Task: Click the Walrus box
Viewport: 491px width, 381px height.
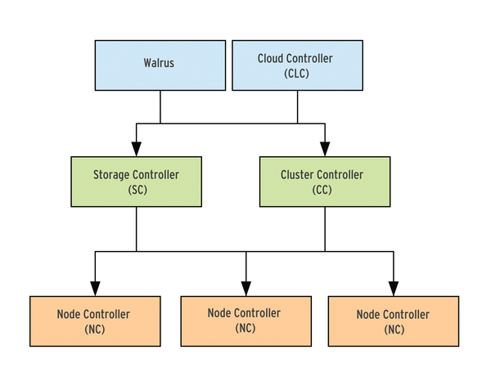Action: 160,65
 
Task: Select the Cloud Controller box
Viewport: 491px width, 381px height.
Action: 298,65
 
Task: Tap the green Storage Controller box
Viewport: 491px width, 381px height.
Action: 136,182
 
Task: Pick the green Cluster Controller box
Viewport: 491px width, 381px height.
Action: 325,182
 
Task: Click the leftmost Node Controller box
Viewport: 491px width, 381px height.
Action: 95,321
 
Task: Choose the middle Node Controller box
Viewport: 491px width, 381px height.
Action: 246,321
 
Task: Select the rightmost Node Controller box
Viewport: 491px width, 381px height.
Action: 394,321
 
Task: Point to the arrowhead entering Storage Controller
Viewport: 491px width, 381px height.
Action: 136,149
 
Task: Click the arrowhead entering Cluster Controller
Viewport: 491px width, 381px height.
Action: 325,149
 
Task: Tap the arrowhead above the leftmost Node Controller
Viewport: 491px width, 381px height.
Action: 95,289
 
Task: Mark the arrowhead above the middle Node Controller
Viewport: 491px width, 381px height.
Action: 246,289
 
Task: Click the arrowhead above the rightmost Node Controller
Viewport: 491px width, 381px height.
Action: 394,289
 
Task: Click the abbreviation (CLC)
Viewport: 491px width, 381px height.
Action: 296,74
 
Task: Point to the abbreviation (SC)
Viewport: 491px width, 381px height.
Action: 137,190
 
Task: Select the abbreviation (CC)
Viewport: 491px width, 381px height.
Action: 322,190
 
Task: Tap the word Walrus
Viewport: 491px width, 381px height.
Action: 159,63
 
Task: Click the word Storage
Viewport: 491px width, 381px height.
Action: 111,175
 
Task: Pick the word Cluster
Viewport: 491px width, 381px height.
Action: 296,175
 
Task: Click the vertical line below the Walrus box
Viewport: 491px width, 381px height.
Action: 160,107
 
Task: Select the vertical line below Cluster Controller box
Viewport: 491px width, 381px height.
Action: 325,229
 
